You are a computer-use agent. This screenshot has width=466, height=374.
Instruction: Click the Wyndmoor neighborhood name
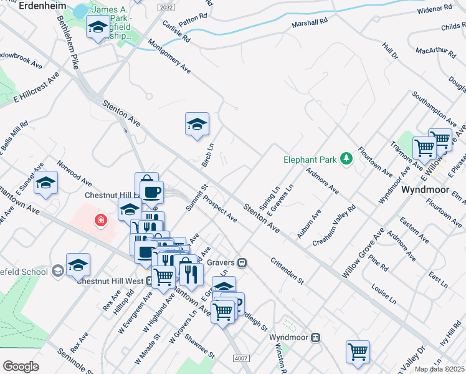coord(425,189)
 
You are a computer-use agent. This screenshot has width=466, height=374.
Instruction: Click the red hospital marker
coord(100,220)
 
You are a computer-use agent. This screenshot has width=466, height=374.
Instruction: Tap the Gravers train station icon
coord(242,263)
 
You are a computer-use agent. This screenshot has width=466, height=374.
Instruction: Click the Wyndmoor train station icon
coord(316,337)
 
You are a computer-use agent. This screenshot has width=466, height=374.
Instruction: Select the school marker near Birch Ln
coord(197,124)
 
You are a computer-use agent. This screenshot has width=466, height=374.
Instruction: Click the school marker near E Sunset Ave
coord(45,183)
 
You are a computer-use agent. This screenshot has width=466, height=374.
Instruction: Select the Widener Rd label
coord(434,9)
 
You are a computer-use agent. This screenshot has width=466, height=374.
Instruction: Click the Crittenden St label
coord(287,272)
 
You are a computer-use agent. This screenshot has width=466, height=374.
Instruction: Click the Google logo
coord(21,367)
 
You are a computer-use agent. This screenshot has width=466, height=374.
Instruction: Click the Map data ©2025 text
coord(439,369)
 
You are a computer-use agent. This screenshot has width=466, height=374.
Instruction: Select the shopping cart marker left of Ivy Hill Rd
coord(358,352)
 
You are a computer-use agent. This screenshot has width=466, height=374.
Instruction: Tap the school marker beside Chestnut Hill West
coord(78,265)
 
